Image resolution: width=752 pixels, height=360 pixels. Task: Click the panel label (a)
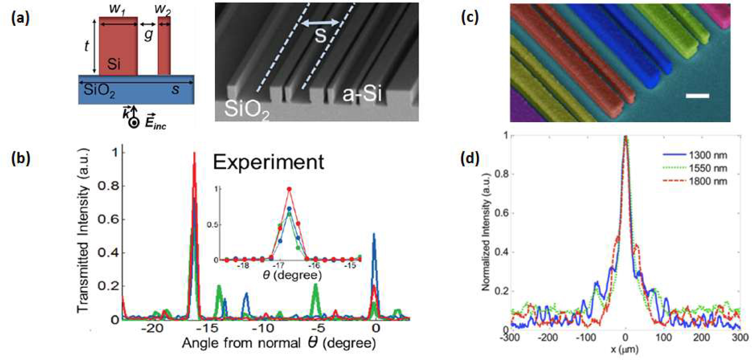pos(20,18)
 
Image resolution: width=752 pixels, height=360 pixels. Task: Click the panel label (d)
pos(470,158)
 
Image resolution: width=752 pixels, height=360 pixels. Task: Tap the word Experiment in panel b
pos(268,162)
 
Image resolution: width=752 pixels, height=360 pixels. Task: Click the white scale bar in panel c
pos(697,96)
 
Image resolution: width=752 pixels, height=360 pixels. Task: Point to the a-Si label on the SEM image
pos(362,94)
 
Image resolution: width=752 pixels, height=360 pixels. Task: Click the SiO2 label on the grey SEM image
pos(247,110)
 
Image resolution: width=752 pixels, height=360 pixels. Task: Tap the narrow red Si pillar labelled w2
pos(164,46)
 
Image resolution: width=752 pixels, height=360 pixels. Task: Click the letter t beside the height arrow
pos(86,46)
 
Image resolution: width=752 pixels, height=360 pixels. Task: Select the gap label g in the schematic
pos(148,35)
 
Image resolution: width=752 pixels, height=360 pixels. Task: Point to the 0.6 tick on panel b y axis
pos(108,219)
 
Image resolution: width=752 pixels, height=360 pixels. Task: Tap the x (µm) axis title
pos(624,349)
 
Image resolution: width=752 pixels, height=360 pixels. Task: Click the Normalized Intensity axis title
pos(486,231)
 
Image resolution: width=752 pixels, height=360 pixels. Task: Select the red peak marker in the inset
pos(289,189)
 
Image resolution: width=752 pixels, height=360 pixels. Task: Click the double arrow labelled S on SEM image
pos(320,23)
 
